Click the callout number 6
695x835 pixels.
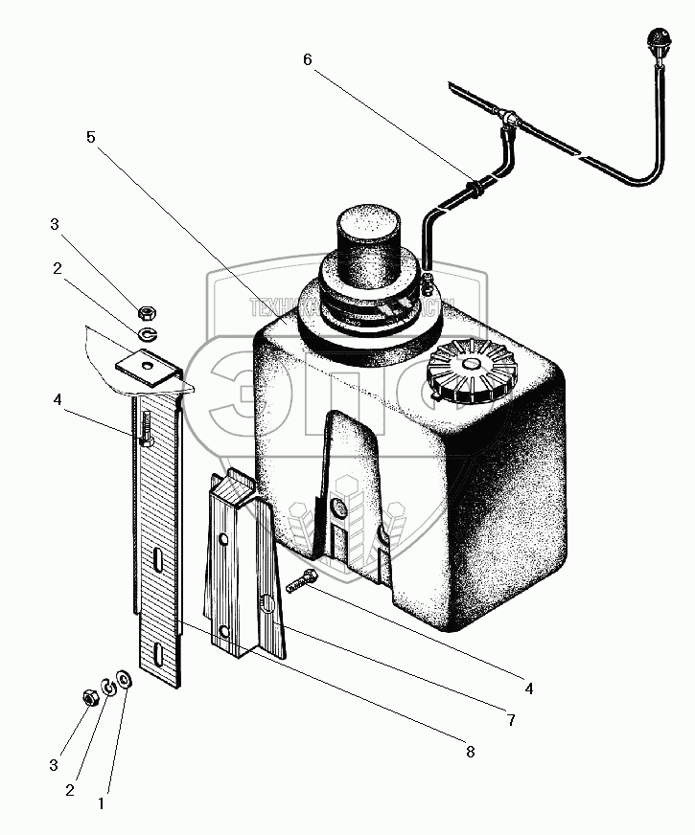tap(307, 59)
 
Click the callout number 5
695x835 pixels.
tap(90, 138)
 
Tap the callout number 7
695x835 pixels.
tap(511, 720)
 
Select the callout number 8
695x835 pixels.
tap(469, 752)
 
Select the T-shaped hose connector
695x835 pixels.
tap(509, 122)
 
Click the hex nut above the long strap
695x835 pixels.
tap(148, 312)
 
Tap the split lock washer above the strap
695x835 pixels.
tap(147, 334)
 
